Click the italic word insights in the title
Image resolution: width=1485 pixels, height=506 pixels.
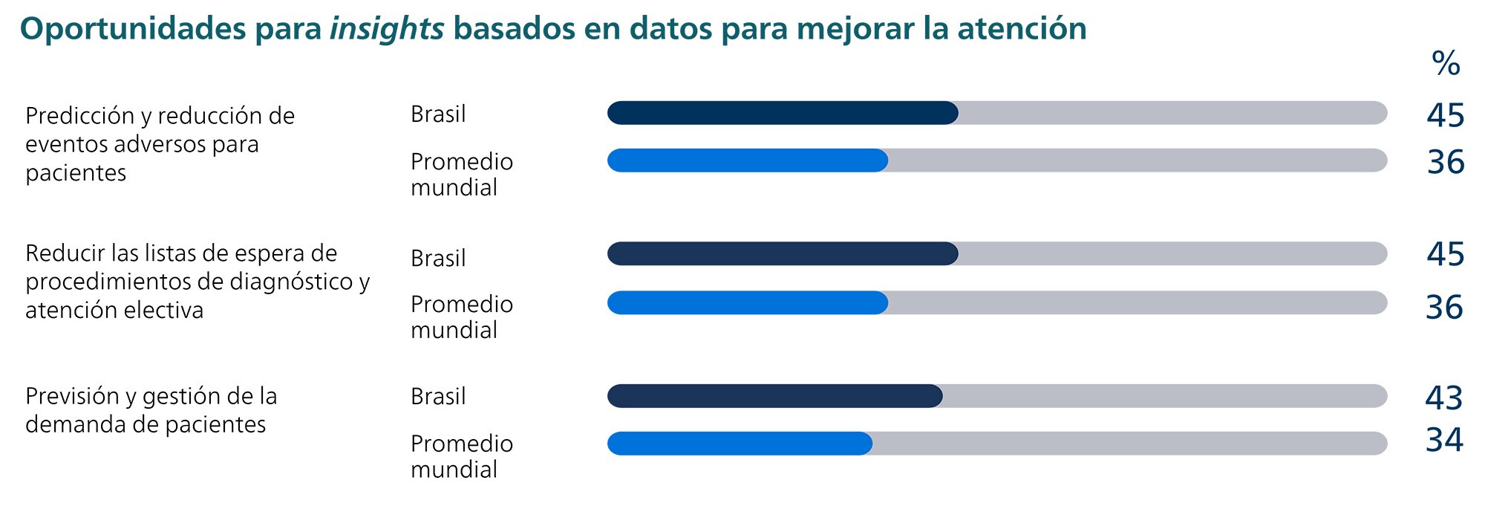click(x=386, y=29)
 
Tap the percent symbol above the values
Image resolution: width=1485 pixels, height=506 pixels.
click(x=1445, y=64)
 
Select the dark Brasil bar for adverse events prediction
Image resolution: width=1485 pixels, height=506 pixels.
click(x=783, y=113)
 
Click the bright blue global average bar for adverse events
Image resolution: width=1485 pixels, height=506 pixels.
click(x=747, y=160)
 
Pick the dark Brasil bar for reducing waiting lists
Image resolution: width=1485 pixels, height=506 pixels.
click(x=783, y=253)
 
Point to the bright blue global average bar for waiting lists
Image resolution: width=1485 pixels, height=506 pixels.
click(x=747, y=302)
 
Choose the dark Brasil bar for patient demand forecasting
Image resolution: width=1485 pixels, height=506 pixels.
click(x=774, y=396)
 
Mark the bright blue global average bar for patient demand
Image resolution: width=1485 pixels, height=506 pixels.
click(x=740, y=444)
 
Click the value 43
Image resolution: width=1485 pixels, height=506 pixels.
click(x=1443, y=398)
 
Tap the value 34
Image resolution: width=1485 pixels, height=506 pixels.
click(x=1443, y=440)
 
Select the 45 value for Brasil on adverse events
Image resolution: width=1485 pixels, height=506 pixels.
click(x=1445, y=116)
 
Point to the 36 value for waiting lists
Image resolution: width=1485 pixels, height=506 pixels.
click(x=1443, y=307)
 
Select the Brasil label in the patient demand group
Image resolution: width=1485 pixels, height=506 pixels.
click(x=438, y=397)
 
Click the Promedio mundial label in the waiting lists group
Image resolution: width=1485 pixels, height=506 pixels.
click(x=461, y=317)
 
